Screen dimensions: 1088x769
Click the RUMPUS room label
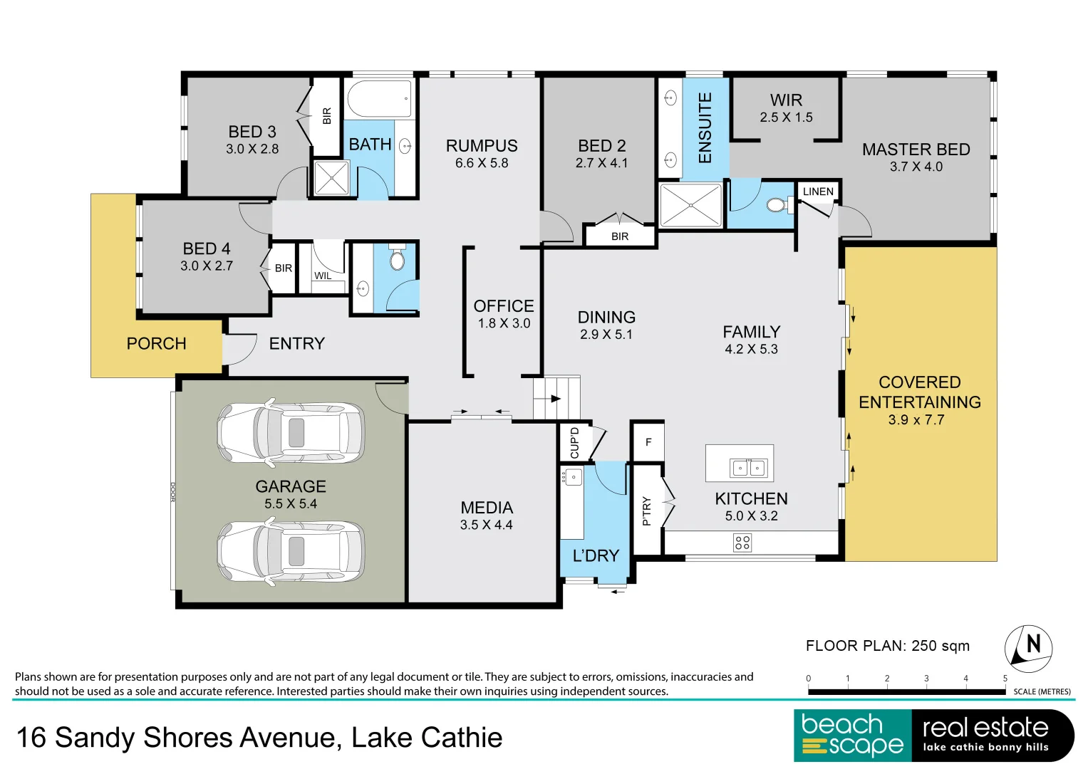tap(482, 146)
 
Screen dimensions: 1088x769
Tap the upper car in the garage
tap(291, 432)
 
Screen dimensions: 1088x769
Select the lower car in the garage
tap(291, 552)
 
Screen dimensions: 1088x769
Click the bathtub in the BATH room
tap(380, 98)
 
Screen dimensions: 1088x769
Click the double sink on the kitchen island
tap(748, 468)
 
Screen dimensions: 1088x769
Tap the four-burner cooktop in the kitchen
tap(742, 543)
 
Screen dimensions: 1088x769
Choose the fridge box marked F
tap(648, 441)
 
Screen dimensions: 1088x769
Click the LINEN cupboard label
tap(818, 192)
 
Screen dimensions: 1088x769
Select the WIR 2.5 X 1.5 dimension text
tap(786, 117)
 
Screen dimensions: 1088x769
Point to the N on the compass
tap(1034, 644)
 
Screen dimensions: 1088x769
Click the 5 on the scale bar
tap(1005, 678)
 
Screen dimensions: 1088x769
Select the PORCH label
tap(157, 344)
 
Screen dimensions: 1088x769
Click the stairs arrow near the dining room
tap(555, 399)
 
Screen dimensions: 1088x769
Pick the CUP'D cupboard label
tap(574, 443)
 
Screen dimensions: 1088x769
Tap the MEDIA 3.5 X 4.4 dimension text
tap(486, 525)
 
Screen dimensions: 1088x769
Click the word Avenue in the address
tap(288, 738)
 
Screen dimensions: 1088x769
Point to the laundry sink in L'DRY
tap(573, 477)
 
